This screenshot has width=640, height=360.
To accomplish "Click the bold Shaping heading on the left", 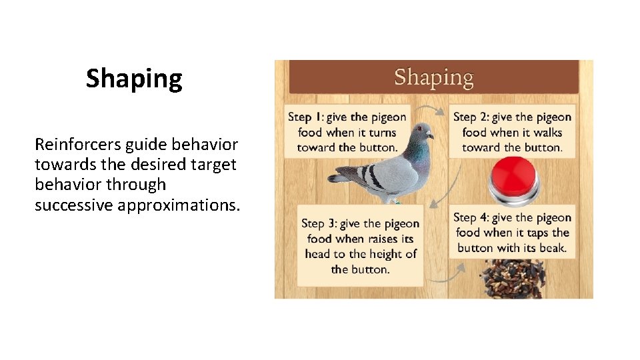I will [133, 79].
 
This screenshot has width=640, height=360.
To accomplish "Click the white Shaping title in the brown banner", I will [433, 77].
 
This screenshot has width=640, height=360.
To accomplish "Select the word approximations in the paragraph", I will [178, 205].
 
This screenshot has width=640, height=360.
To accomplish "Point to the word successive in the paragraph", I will [74, 205].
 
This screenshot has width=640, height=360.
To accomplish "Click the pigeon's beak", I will [431, 136].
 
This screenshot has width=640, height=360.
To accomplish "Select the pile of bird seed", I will [513, 279].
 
